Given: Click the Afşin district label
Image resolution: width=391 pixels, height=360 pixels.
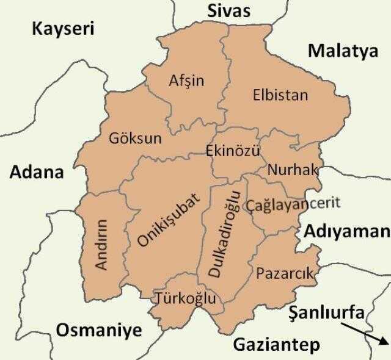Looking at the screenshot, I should click(186, 81).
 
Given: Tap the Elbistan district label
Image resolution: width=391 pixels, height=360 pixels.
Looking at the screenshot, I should click(280, 95).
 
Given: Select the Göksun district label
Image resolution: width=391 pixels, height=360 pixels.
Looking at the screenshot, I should click(135, 139).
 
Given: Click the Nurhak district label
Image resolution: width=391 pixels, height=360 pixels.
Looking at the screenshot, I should click(293, 169).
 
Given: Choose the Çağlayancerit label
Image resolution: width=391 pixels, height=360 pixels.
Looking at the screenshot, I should click(292, 204).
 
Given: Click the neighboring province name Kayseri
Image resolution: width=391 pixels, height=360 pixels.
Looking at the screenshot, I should click(64, 29).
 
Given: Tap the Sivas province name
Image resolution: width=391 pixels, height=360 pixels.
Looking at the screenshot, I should click(228, 10).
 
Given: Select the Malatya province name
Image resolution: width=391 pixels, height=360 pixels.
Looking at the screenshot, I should click(343, 51).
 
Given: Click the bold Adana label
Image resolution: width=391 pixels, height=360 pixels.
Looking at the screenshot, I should click(37, 172).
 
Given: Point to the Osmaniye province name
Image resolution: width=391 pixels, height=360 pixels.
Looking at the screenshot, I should click(99, 331).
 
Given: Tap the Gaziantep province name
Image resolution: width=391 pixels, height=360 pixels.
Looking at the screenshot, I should click(276, 345).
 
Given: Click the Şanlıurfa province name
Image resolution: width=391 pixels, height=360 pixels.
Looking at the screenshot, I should click(327, 313).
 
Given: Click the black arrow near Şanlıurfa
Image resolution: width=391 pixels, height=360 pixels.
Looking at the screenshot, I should click(363, 333).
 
